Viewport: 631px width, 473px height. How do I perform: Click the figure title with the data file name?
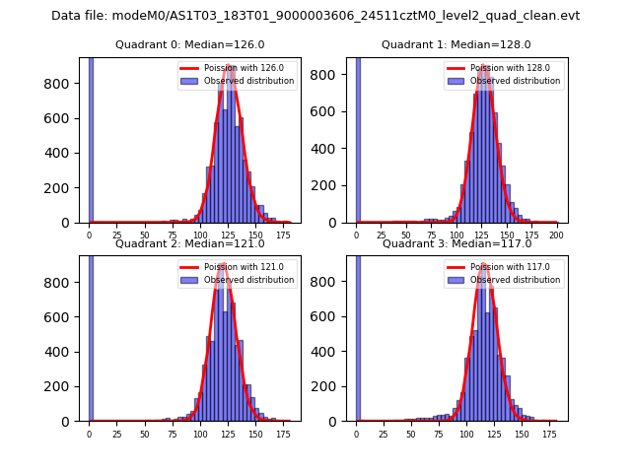point(315,16)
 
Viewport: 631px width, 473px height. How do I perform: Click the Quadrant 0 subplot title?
point(189,44)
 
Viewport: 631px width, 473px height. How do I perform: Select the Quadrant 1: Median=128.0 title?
point(456,44)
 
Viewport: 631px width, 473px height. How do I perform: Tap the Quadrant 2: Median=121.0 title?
point(189,243)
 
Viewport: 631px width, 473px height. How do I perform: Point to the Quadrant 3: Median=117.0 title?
point(456,243)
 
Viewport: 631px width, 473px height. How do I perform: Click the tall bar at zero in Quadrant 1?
point(357,138)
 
